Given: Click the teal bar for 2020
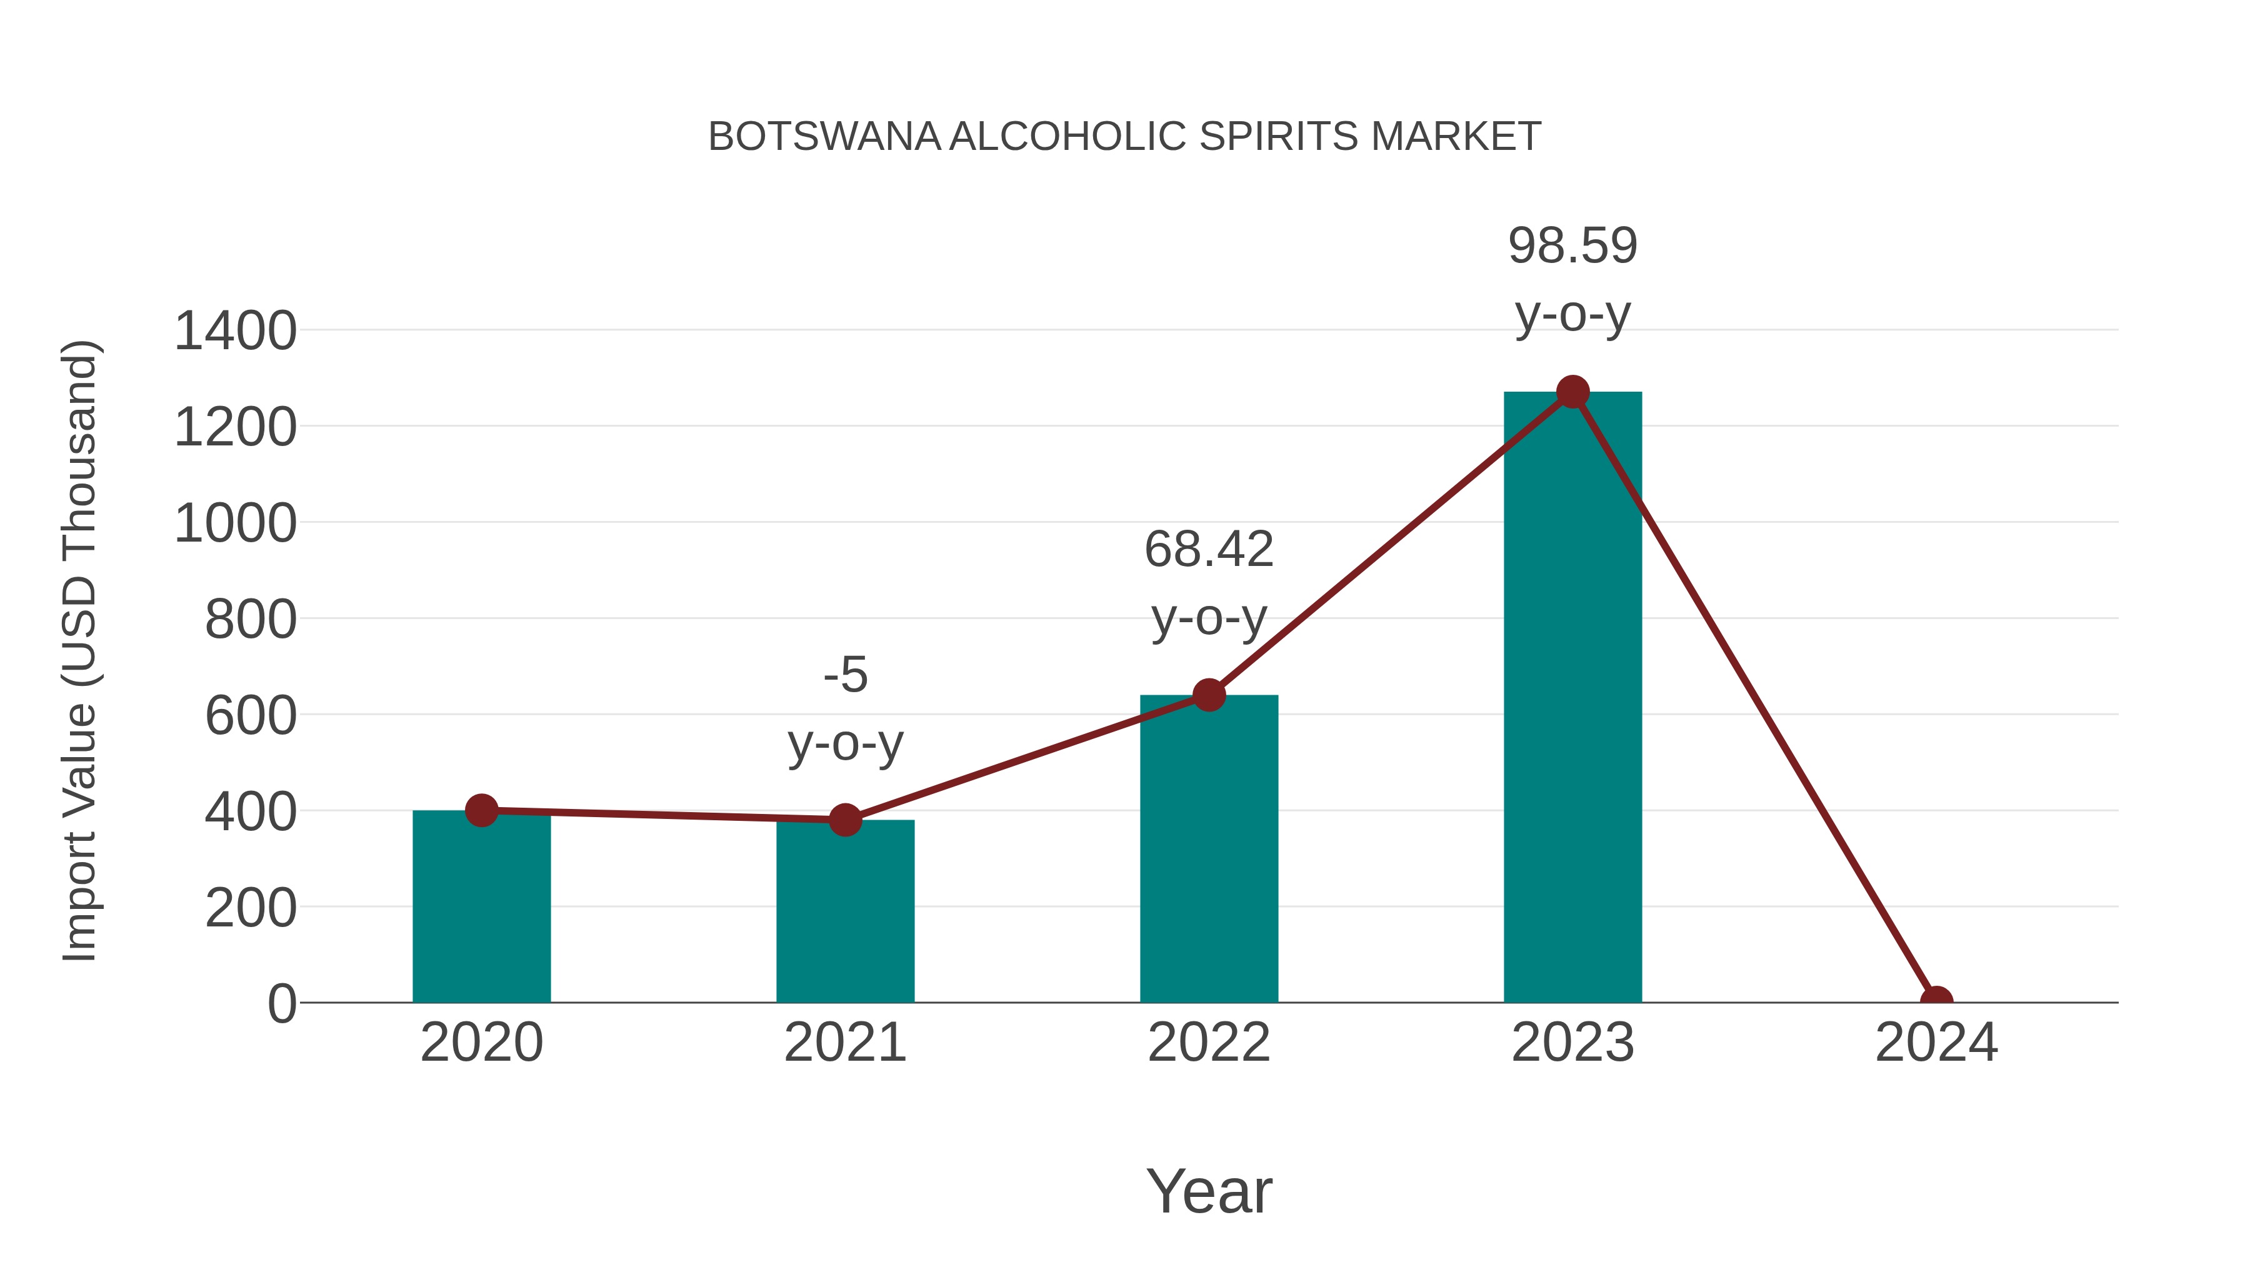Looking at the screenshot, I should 481,908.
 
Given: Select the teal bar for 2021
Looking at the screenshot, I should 844,912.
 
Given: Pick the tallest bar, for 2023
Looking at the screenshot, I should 1572,698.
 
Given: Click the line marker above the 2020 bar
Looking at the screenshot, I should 481,810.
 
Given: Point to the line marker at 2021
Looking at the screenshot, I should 844,820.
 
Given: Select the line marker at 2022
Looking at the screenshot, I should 1209,695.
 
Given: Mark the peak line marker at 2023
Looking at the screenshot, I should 1572,392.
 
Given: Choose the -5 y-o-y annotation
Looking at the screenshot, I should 844,709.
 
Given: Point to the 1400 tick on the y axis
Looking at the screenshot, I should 235,332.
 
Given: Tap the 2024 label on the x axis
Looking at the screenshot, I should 1936,1043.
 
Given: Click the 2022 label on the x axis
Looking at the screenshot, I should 1209,1043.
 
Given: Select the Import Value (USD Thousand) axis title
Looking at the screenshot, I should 79,650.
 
